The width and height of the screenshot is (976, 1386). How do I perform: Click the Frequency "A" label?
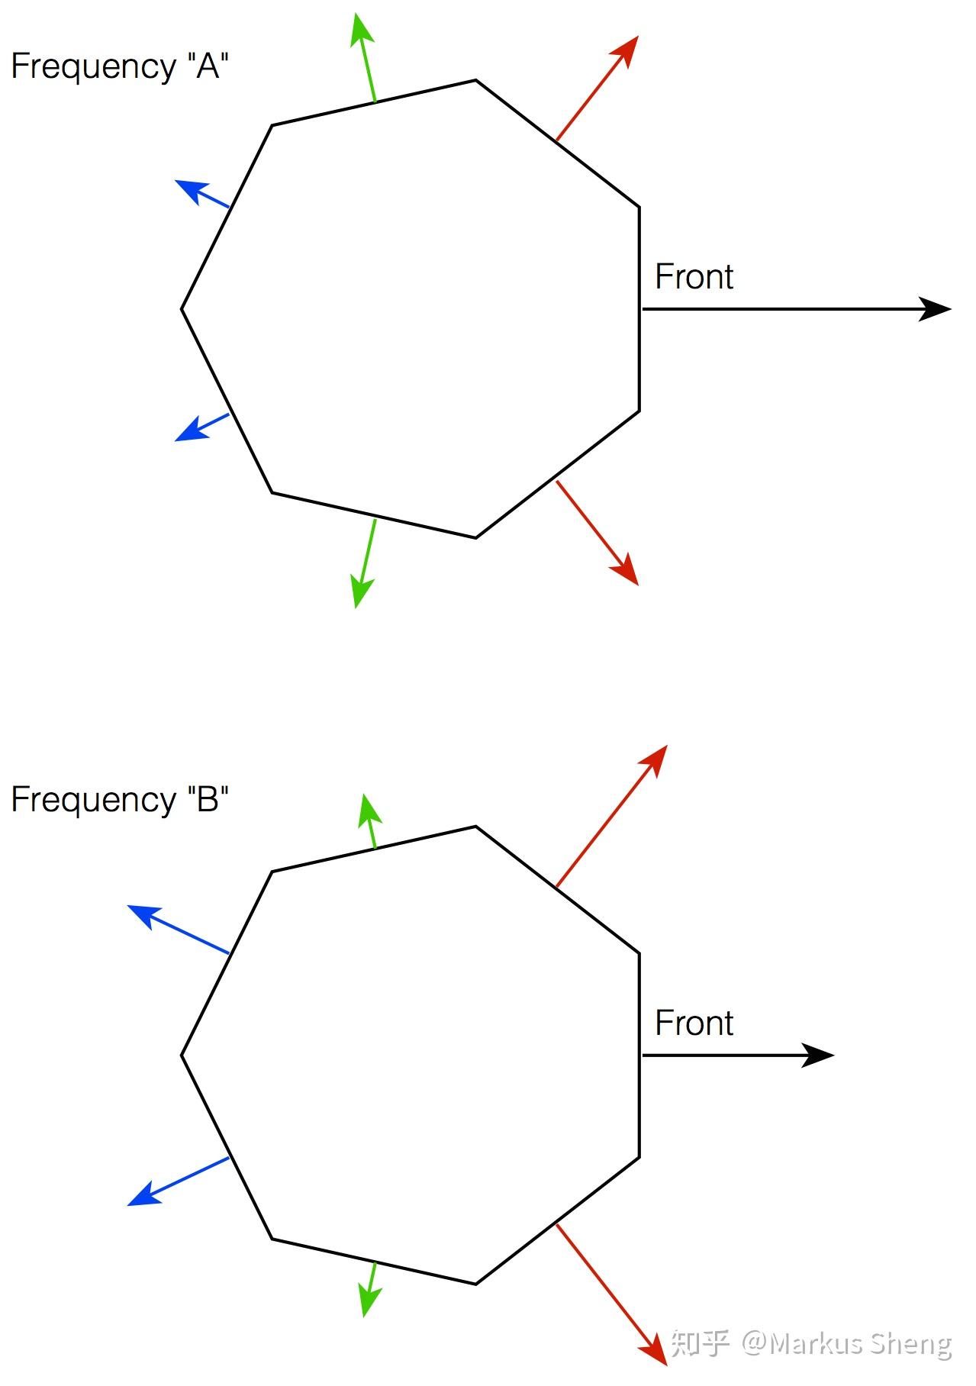(x=120, y=66)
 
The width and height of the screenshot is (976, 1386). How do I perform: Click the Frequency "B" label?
(x=120, y=800)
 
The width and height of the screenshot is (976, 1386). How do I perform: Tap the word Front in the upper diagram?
(x=694, y=276)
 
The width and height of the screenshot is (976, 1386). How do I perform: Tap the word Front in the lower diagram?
(x=694, y=1023)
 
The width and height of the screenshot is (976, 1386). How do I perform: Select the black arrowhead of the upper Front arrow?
(x=935, y=309)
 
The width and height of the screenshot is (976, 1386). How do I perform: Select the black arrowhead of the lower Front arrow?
(x=818, y=1056)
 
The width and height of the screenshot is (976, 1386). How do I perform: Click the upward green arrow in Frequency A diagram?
(x=366, y=57)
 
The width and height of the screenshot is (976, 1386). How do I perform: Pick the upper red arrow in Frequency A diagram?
(x=596, y=89)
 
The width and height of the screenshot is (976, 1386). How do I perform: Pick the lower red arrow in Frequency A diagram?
(x=597, y=532)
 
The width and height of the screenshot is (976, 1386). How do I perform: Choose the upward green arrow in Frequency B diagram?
(x=370, y=821)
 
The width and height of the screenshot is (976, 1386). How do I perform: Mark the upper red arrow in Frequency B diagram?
(x=611, y=817)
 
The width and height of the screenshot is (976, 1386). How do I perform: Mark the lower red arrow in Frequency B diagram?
(x=611, y=1294)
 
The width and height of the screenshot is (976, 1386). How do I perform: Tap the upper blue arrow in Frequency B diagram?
(x=179, y=930)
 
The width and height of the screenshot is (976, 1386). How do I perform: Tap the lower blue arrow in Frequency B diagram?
(x=179, y=1181)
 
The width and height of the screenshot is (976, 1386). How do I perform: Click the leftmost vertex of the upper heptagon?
(x=182, y=309)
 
